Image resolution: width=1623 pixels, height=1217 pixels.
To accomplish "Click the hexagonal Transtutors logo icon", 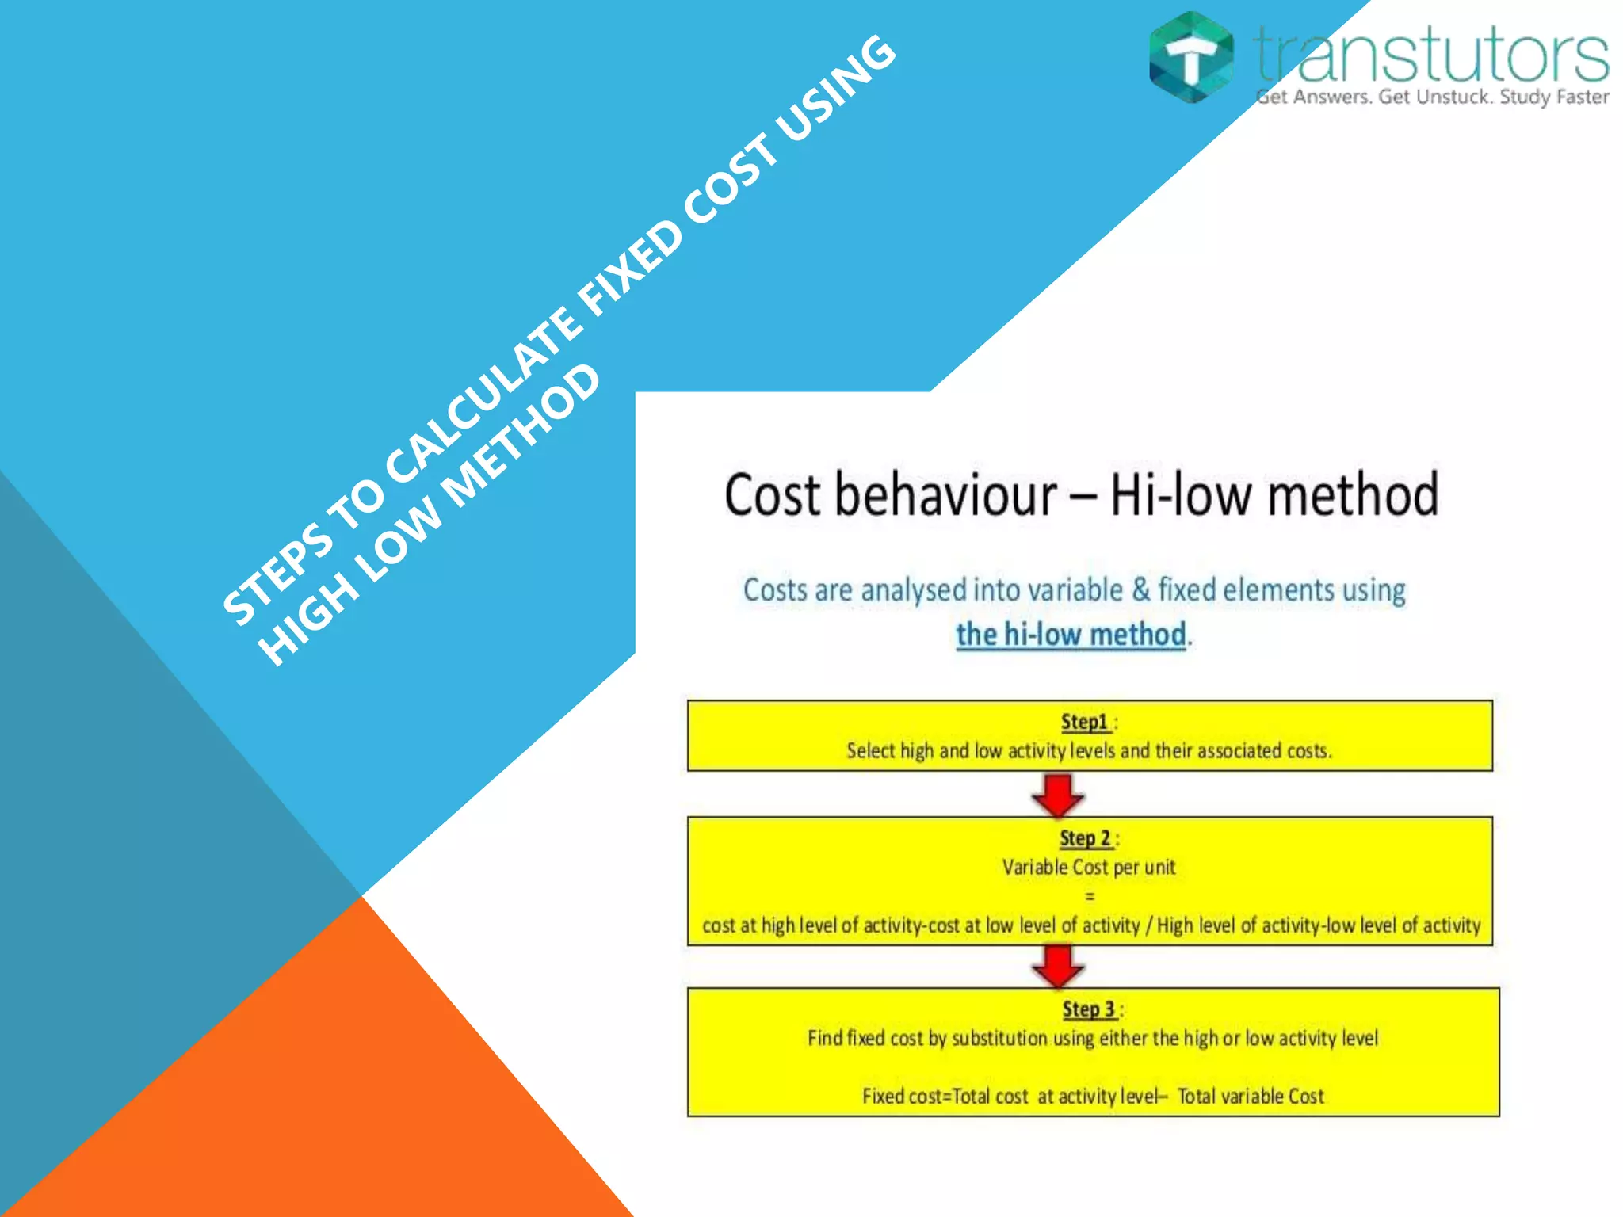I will (1191, 57).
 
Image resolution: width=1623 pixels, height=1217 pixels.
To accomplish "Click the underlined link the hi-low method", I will (1071, 635).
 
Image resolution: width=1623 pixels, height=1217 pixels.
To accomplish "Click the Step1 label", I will (1084, 722).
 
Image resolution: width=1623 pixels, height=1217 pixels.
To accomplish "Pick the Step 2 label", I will (1085, 838).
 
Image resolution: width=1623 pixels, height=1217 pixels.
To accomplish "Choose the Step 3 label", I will (1088, 1009).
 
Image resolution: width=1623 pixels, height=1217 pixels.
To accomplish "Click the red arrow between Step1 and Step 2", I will (1058, 795).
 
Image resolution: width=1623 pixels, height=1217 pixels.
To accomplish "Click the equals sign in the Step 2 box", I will (1090, 897).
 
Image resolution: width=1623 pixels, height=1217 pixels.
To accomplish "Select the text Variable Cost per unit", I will (1089, 868).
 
